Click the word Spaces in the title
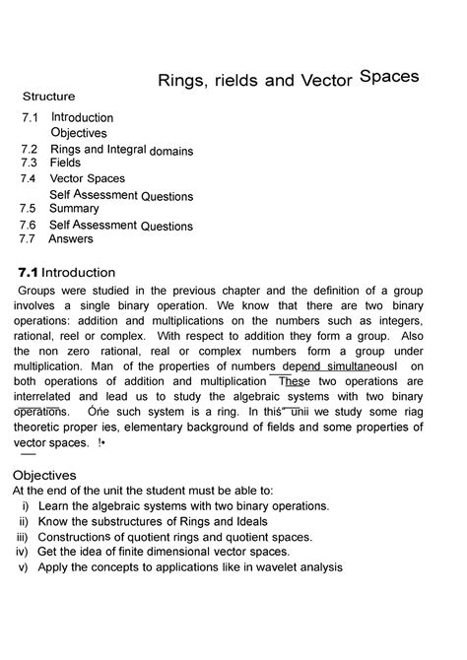[390, 75]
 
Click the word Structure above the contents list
[49, 97]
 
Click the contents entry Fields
[65, 163]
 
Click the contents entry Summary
[74, 209]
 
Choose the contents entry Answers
[71, 238]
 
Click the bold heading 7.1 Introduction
[67, 272]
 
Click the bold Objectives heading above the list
[50, 475]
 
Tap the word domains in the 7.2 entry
[171, 152]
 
